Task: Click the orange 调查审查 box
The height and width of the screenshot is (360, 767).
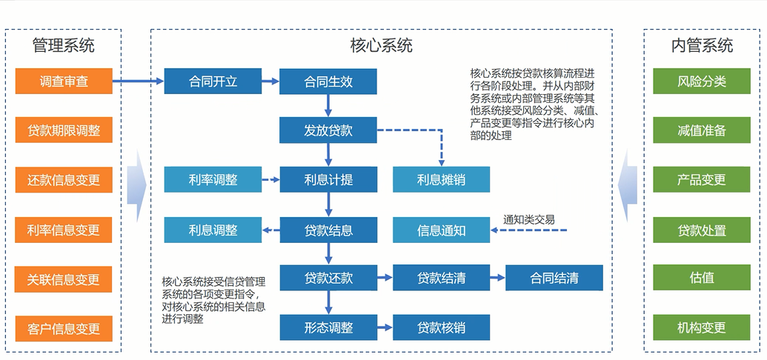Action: pos(64,81)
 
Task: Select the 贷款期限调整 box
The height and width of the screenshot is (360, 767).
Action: pos(64,131)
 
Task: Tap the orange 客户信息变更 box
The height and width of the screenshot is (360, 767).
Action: pos(64,328)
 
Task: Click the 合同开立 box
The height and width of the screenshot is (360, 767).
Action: pos(213,81)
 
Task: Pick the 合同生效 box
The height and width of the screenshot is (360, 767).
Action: pos(328,81)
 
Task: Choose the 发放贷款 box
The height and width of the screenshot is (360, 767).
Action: pos(328,130)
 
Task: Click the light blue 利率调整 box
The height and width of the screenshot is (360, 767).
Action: pos(213,179)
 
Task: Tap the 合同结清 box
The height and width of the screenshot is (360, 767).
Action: pos(554,279)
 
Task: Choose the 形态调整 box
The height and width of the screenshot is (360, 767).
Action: pos(328,327)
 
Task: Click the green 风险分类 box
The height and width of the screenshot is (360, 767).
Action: pos(702,81)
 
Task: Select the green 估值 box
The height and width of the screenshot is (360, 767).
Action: pos(702,279)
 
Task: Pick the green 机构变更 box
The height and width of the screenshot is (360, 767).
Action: pos(702,327)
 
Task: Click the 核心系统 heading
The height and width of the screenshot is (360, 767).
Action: pos(381,45)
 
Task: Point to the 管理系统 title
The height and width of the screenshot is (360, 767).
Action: pos(64,45)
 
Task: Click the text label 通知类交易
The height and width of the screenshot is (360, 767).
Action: pos(529,219)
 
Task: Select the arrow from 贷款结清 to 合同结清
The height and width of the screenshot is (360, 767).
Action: pos(498,279)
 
